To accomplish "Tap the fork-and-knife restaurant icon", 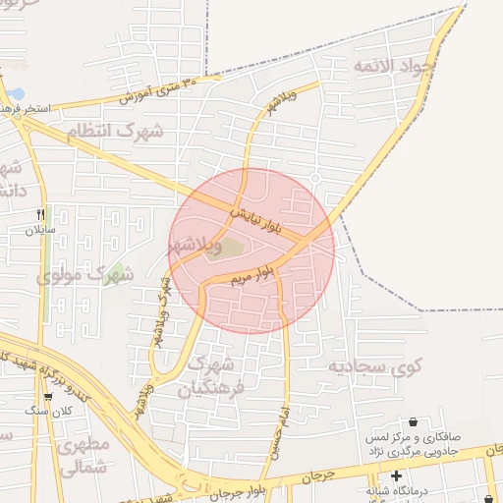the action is [x=40, y=213].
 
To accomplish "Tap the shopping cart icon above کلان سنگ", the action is [x=47, y=396].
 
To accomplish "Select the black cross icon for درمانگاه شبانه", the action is [x=395, y=475].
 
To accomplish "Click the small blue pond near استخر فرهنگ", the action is [x=17, y=94].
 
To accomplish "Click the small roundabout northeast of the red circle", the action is [x=315, y=177].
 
